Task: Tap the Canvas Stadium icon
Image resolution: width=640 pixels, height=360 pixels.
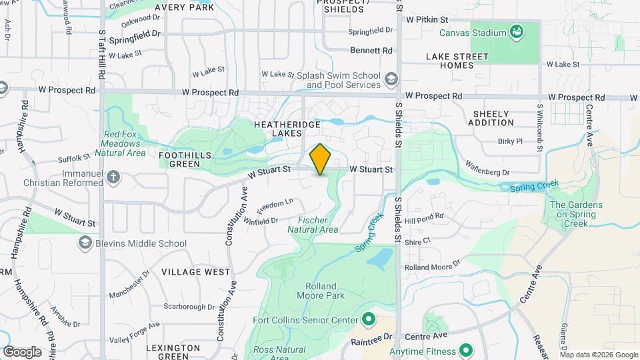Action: coord(516,31)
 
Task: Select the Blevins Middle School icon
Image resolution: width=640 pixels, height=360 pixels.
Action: coord(85,243)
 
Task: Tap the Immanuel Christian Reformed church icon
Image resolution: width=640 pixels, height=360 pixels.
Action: coord(114,177)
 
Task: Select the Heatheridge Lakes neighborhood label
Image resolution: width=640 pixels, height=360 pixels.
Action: coord(287,129)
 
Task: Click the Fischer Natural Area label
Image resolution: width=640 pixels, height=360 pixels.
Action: coord(313,225)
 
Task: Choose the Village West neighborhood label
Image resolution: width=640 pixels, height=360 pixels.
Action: coord(195,272)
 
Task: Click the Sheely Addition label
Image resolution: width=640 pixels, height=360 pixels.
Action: coord(491,118)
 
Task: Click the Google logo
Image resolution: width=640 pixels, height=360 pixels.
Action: coord(22,351)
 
